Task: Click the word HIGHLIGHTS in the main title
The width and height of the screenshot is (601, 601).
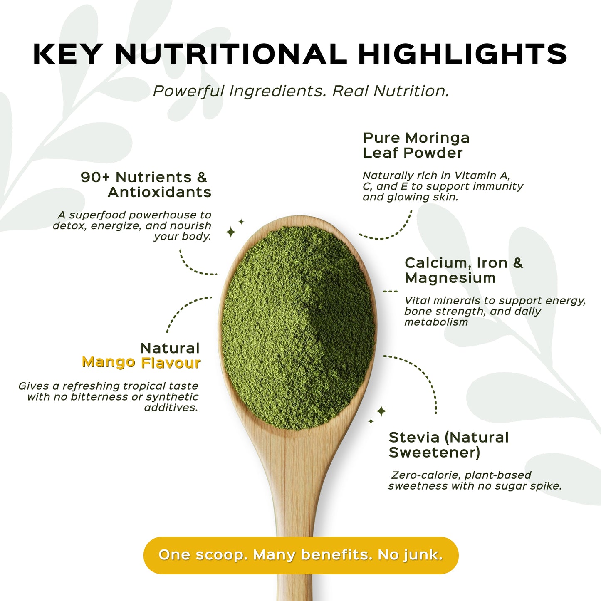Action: (x=462, y=54)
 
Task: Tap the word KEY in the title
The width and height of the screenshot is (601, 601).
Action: (x=67, y=54)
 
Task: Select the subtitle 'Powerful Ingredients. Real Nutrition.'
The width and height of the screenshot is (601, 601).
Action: (x=301, y=91)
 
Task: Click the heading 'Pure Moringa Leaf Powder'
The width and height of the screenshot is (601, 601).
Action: (x=416, y=145)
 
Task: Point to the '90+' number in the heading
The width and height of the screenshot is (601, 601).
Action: (x=95, y=177)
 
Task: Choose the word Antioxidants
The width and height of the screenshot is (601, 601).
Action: (x=160, y=192)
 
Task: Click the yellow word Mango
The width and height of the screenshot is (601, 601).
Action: (x=109, y=362)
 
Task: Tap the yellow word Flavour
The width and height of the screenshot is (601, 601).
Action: (x=171, y=363)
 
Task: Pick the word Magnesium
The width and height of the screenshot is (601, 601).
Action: (x=450, y=278)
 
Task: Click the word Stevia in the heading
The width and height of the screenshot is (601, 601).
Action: (x=414, y=438)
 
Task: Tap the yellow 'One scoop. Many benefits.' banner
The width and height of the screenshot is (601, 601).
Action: (x=301, y=555)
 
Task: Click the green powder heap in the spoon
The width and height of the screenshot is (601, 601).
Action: (x=298, y=329)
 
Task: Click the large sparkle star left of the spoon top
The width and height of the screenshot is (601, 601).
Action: (x=231, y=232)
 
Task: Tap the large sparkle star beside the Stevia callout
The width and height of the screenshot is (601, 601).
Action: (x=381, y=411)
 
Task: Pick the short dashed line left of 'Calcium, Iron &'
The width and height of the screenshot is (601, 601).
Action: (x=390, y=292)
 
